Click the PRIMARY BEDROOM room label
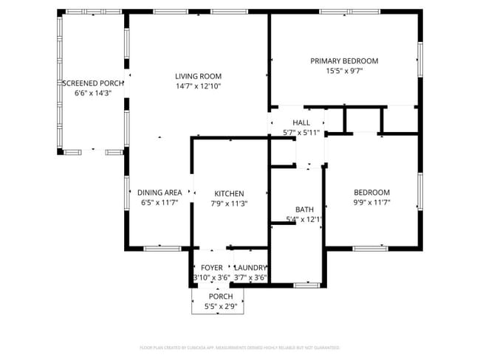pyautogui.click(x=344, y=61)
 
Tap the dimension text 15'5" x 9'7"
pyautogui.click(x=344, y=72)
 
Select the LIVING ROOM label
pyautogui.click(x=198, y=76)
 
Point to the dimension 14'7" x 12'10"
pyautogui.click(x=198, y=86)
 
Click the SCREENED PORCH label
pyautogui.click(x=93, y=83)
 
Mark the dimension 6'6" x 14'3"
pyautogui.click(x=92, y=94)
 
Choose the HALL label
pyautogui.click(x=301, y=122)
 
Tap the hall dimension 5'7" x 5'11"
pyautogui.click(x=302, y=133)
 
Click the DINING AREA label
pyautogui.click(x=160, y=193)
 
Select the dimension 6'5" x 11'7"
pyautogui.click(x=160, y=203)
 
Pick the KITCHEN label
pyautogui.click(x=229, y=194)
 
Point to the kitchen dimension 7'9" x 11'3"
pyautogui.click(x=229, y=204)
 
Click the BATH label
pyautogui.click(x=304, y=210)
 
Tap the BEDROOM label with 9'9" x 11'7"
pyautogui.click(x=371, y=193)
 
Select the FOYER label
pyautogui.click(x=212, y=268)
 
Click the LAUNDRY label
pyautogui.click(x=250, y=268)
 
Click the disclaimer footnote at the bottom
pyautogui.click(x=239, y=347)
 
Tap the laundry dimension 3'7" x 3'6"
pyautogui.click(x=250, y=278)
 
